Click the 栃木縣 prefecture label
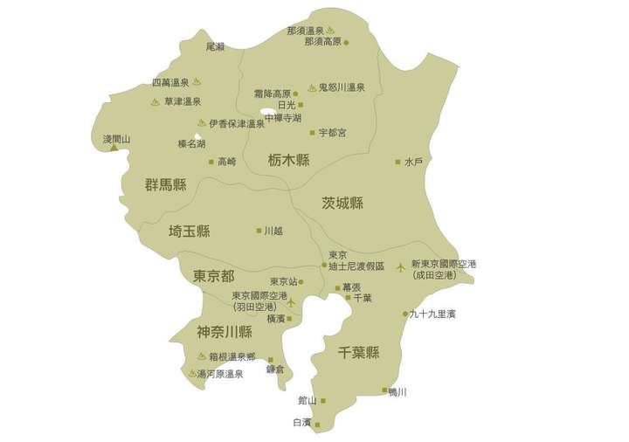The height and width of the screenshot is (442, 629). click(289, 160)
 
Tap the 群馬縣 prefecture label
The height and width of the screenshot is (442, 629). click(166, 184)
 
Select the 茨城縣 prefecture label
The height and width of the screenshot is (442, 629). click(342, 203)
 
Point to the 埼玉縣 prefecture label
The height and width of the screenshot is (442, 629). click(190, 231)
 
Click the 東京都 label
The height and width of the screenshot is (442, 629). click(214, 276)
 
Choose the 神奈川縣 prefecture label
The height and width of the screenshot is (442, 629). click(225, 332)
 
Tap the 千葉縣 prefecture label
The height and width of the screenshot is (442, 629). click(358, 353)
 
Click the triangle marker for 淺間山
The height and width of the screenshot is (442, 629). click(114, 148)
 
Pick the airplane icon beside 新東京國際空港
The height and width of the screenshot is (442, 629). click(401, 266)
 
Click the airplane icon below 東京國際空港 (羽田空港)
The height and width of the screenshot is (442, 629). click(291, 303)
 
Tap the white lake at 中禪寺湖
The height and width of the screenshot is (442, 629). click(268, 112)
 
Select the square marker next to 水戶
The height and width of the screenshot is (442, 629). click(397, 162)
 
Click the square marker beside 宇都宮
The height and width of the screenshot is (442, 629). click(312, 133)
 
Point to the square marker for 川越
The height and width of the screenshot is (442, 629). click(259, 231)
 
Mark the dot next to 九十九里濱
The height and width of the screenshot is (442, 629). click(405, 314)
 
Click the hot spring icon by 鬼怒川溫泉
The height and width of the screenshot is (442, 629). click(312, 87)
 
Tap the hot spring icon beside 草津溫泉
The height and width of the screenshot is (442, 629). click(155, 101)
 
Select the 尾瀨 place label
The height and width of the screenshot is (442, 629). click(215, 45)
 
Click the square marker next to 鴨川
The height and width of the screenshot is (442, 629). click(384, 390)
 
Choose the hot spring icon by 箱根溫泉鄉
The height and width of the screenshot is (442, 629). click(202, 356)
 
